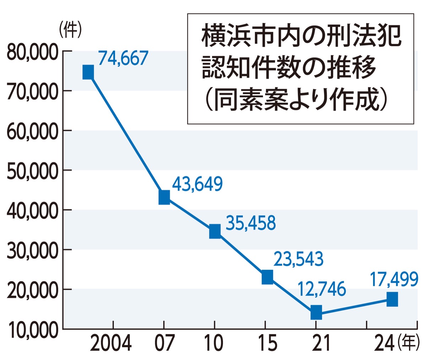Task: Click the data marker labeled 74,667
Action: click(x=88, y=72)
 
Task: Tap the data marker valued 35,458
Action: click(x=215, y=231)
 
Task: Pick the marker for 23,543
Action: click(x=267, y=277)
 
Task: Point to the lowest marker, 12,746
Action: click(x=316, y=313)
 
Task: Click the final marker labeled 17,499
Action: click(x=392, y=299)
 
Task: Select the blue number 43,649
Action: click(x=197, y=184)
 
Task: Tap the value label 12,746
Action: click(x=321, y=289)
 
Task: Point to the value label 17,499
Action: click(x=394, y=280)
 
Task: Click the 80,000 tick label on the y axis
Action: click(x=32, y=53)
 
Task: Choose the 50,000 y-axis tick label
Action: click(x=32, y=172)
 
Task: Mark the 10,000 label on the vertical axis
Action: click(x=32, y=331)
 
